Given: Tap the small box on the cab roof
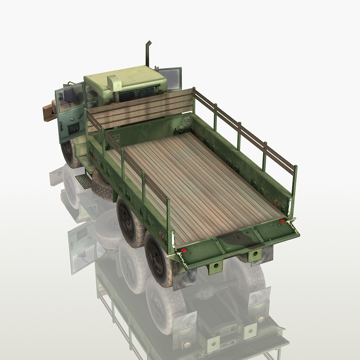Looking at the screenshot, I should [114, 82].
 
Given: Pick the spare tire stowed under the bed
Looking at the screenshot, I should [102, 186].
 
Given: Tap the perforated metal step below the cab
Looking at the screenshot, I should [83, 180].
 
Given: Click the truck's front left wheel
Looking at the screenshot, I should [69, 152].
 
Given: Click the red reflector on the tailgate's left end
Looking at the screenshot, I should [184, 250].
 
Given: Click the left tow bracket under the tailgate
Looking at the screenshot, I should [215, 266].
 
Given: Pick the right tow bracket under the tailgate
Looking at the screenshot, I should [253, 254].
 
